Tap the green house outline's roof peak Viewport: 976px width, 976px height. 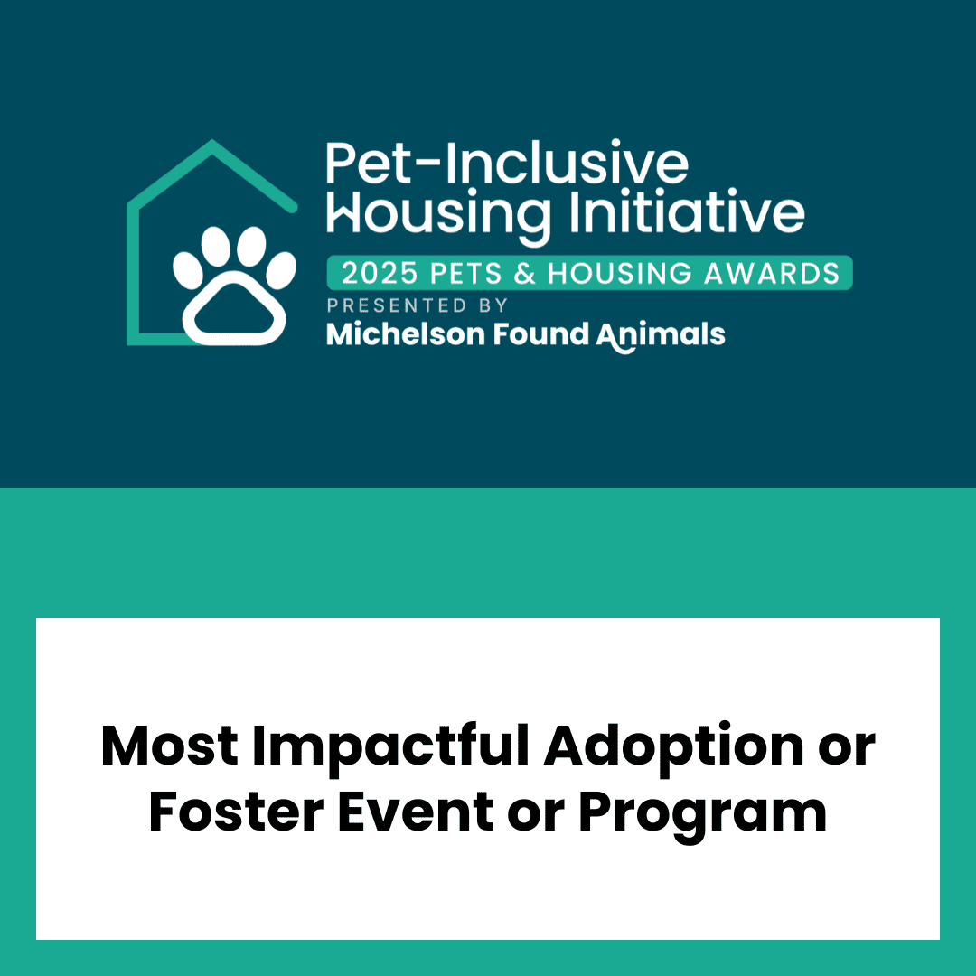(212, 142)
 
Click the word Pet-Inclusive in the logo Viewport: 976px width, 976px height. (507, 163)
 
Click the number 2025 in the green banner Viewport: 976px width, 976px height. (380, 273)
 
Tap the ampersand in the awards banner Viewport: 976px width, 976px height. (525, 273)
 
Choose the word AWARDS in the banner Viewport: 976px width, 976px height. (772, 273)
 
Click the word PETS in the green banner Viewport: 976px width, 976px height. (465, 273)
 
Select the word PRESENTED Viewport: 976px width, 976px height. (397, 305)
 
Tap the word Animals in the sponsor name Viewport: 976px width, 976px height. (661, 335)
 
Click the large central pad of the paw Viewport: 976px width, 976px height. (234, 308)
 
